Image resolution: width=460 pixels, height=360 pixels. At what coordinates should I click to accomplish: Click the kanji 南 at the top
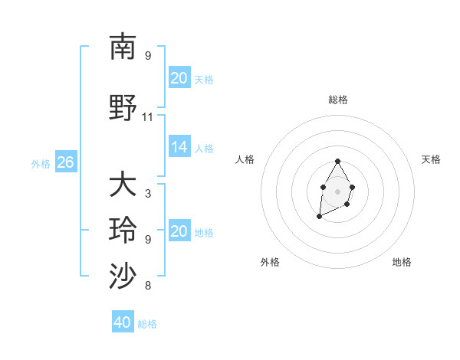tap(123, 47)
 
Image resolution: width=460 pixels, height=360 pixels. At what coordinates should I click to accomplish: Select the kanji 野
tap(123, 106)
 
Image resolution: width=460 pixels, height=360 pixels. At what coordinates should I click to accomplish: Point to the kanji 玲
tap(123, 231)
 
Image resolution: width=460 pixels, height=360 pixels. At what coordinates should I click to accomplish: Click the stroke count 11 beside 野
tap(148, 117)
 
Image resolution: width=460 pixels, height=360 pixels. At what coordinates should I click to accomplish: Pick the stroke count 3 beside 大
tap(148, 194)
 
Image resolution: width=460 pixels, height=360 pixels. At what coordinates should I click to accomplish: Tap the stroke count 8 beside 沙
tap(148, 286)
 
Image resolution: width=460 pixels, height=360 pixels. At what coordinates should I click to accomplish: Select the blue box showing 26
tap(65, 162)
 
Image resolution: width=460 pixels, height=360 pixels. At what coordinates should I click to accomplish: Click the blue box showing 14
tap(179, 148)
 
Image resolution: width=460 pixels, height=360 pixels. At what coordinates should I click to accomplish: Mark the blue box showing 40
tap(122, 322)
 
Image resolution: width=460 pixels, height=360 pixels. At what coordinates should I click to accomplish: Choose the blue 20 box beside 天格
tap(179, 78)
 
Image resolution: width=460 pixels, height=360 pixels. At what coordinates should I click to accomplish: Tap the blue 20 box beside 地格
tap(179, 232)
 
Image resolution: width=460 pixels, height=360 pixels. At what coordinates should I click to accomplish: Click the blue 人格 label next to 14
tap(204, 149)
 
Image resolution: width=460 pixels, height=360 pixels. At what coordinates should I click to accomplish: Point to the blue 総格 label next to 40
tap(147, 324)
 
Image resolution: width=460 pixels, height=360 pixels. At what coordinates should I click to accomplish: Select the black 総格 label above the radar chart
tap(338, 100)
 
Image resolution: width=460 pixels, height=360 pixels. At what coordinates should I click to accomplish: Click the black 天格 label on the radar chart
tap(432, 159)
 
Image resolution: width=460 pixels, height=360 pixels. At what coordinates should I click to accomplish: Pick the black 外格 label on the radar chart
tap(270, 262)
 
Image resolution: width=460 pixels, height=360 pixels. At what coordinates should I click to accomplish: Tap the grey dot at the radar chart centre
tap(338, 191)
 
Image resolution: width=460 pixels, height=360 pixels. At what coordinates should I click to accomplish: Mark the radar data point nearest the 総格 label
tap(338, 161)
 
